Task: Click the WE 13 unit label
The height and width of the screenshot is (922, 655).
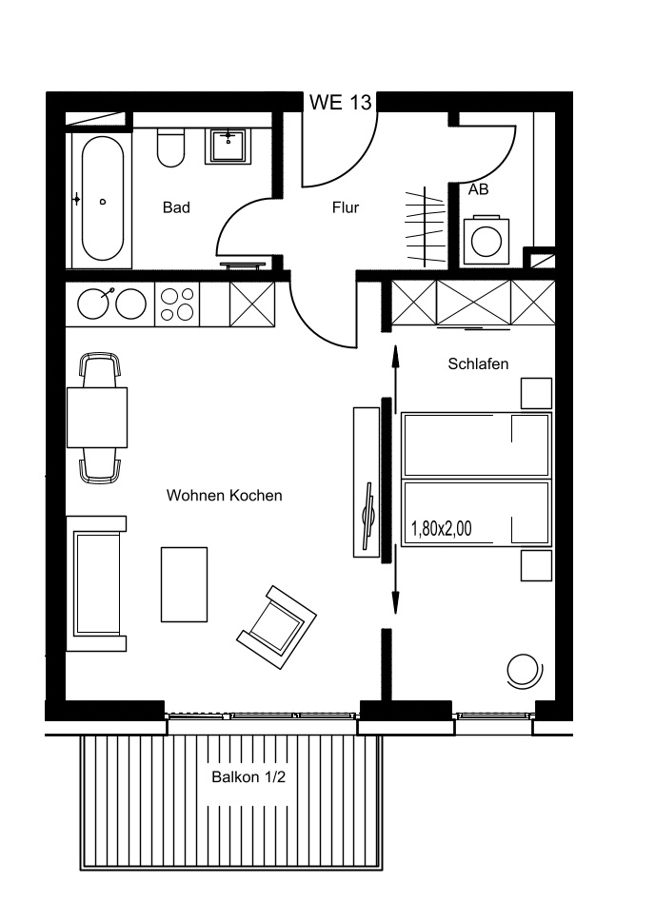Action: pos(340,103)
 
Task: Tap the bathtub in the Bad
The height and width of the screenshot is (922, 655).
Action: pos(103,199)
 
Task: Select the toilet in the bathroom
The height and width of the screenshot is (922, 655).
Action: pos(171,147)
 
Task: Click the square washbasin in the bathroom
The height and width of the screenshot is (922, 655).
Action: pos(228,146)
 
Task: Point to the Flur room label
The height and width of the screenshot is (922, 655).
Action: pos(346,207)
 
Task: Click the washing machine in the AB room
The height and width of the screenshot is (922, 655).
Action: pos(486,241)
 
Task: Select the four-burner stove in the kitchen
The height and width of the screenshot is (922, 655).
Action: pos(177,304)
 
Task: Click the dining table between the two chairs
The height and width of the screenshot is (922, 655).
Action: pos(97,418)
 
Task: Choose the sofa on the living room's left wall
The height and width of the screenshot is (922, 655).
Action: pos(96,583)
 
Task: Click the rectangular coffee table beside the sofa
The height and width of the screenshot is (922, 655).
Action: pos(184,584)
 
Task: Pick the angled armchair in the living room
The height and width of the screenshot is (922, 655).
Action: pos(277,627)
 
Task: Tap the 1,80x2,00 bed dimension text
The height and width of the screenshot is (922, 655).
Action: pos(441,529)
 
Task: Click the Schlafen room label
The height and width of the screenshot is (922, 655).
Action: pos(478,364)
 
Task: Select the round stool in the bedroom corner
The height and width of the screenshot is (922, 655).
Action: pos(524,671)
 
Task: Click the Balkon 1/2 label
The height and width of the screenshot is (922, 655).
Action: pos(248,776)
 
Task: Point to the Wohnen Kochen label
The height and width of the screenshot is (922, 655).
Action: pos(225,496)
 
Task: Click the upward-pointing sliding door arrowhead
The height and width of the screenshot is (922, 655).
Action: pos(395,355)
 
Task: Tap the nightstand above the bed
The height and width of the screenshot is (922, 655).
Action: pos(536,393)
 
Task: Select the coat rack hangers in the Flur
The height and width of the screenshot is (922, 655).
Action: pos(425,226)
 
